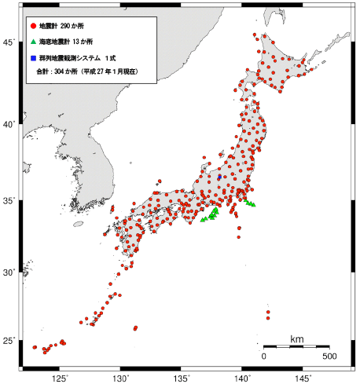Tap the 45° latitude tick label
(x=9, y=42)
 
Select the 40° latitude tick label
(x=9, y=124)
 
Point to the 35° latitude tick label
(x=9, y=200)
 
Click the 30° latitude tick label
(x=9, y=272)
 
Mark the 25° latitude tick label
(x=9, y=340)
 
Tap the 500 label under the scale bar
(x=330, y=356)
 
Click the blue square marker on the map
(x=220, y=177)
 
